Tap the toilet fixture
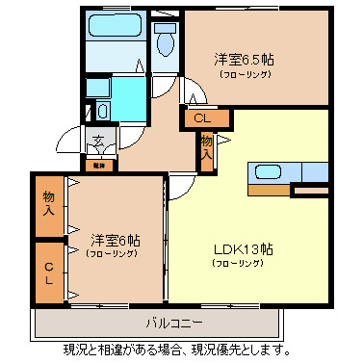pos(166,40)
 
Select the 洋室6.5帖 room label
pos(245,59)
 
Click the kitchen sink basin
pos(267,173)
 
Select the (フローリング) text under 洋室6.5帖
pos(245,73)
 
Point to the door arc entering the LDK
pos(177,189)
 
